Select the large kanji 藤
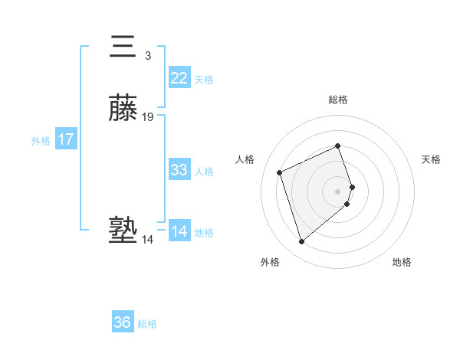[124, 110]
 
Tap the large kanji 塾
[123, 231]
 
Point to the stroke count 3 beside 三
[147, 55]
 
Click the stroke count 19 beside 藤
[148, 117]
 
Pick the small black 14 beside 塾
[147, 240]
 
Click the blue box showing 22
[179, 78]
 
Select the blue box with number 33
[179, 170]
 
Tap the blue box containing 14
[179, 231]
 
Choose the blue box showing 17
[66, 140]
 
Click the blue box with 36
[123, 322]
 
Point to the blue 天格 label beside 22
[204, 80]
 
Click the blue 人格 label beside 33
[205, 172]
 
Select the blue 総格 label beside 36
[147, 324]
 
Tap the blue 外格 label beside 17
[41, 141]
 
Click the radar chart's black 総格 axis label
[338, 100]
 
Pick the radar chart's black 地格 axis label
[402, 263]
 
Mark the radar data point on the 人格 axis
[281, 172]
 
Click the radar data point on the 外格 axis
[302, 242]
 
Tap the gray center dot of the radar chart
[338, 191]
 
